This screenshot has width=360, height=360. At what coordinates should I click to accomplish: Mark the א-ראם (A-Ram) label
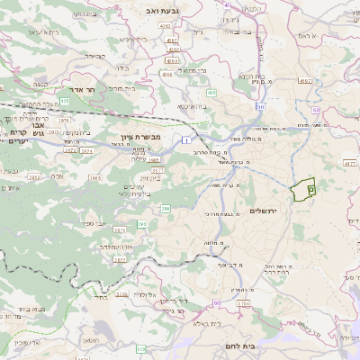point(309,35)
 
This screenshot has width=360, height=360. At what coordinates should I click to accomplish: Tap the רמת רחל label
point(274,268)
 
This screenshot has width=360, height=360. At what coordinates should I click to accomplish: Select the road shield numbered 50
point(259,106)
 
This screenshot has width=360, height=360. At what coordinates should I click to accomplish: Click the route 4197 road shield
point(305,80)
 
